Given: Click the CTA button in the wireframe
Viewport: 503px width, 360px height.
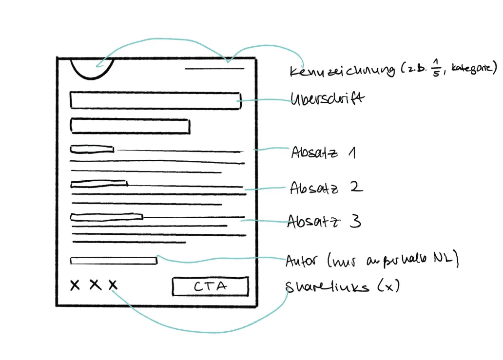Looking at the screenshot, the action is pyautogui.click(x=210, y=286).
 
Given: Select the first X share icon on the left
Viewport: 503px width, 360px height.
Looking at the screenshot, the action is pyautogui.click(x=75, y=284).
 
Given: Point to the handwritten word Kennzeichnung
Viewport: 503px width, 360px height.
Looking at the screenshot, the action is pyautogui.click(x=342, y=71).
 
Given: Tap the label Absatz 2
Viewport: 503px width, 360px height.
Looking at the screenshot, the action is pyautogui.click(x=326, y=188).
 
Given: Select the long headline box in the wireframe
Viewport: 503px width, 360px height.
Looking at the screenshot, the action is pyautogui.click(x=155, y=100).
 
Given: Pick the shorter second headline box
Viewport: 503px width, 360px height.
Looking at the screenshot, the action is pyautogui.click(x=130, y=126).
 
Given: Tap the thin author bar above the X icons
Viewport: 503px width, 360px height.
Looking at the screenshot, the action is pyautogui.click(x=114, y=261).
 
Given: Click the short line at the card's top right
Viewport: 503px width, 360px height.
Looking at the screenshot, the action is pyautogui.click(x=214, y=69).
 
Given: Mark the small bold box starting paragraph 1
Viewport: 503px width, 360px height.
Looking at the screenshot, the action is pyautogui.click(x=92, y=149).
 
